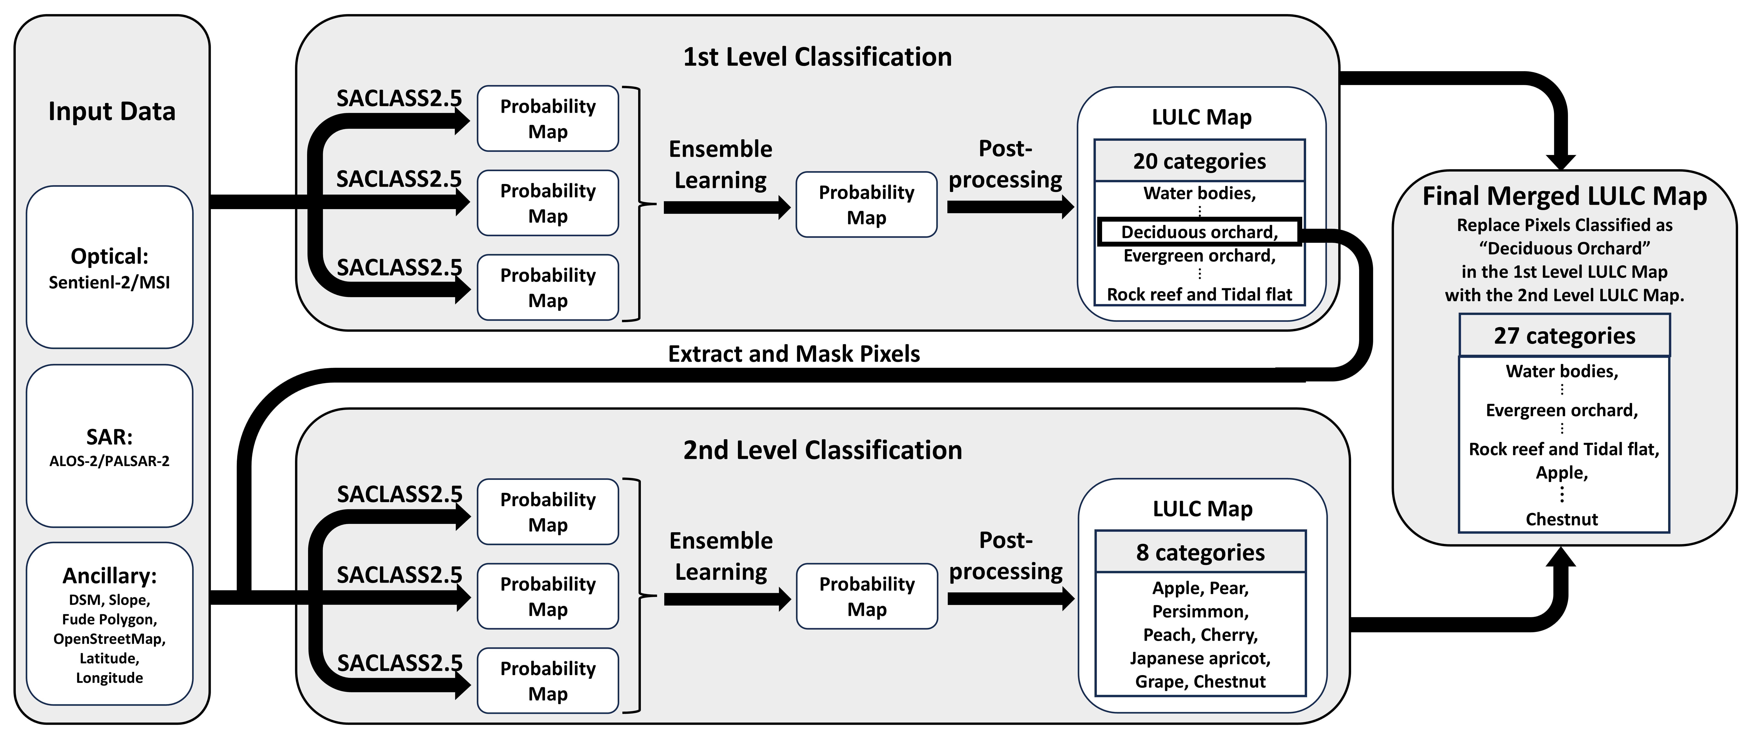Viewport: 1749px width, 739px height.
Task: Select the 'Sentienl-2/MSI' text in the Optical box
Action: (x=109, y=283)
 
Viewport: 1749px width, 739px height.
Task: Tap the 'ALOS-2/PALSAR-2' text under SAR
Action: (x=109, y=461)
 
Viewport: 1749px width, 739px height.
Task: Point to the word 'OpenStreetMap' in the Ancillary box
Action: (x=109, y=639)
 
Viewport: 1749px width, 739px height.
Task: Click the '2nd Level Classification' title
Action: (x=822, y=450)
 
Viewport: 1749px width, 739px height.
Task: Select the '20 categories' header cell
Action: (x=1199, y=161)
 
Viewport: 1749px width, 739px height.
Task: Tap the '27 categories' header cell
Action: (x=1564, y=336)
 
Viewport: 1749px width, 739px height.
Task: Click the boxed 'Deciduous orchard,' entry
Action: (x=1199, y=232)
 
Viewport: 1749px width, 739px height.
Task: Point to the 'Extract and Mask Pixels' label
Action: (x=794, y=354)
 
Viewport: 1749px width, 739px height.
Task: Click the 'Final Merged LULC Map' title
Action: (x=1564, y=196)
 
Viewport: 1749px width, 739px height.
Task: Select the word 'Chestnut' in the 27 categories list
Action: (x=1562, y=520)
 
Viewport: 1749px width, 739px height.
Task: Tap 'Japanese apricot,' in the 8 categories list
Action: (x=1200, y=659)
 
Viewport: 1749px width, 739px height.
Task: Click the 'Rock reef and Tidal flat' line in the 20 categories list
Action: (x=1199, y=295)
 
